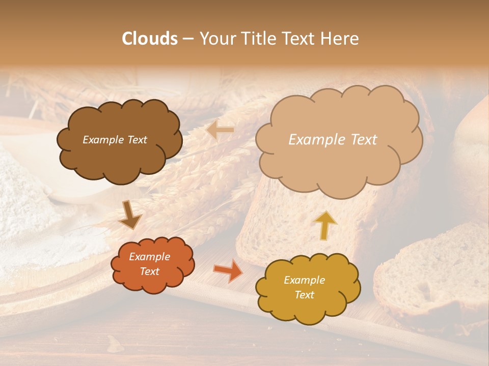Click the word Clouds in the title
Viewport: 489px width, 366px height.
point(150,39)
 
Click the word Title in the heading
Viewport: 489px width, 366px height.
point(259,39)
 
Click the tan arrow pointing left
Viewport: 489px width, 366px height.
point(220,131)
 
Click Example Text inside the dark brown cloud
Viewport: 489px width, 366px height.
point(115,140)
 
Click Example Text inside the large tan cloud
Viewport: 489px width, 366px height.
point(333,140)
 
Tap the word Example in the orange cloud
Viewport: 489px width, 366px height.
point(149,257)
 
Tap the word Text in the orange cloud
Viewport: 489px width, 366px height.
point(149,271)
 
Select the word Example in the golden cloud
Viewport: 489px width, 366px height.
point(304,280)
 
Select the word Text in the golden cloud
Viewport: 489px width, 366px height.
point(304,295)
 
